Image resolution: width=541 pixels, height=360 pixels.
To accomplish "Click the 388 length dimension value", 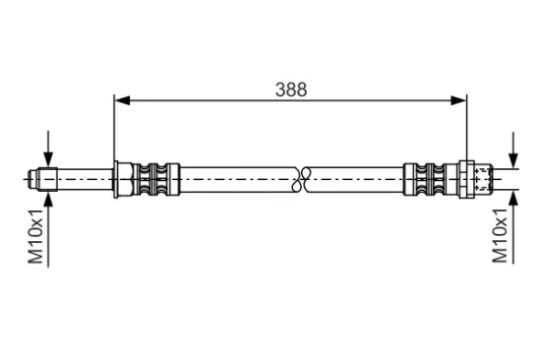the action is coord(291,90).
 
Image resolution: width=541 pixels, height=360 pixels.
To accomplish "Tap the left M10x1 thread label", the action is coord(35,236).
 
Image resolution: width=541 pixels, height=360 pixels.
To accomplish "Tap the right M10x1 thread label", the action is coord(500,235).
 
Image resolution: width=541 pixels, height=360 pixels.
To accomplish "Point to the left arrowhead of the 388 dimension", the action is coord(122,100).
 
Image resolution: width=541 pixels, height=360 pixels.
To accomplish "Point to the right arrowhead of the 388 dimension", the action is coord(458,100).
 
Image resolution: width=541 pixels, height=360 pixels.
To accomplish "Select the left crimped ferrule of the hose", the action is coord(156,179).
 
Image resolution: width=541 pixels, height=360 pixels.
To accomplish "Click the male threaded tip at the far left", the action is coord(42,179).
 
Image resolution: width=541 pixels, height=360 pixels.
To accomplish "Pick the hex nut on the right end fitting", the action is coord(466,179).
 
